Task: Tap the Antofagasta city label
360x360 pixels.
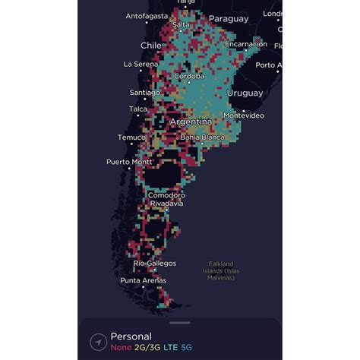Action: (147, 15)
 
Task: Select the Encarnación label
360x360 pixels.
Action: (245, 44)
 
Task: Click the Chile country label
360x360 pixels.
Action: (151, 46)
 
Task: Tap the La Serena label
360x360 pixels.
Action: (140, 64)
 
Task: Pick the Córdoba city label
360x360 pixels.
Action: (189, 76)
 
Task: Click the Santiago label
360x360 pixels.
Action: (144, 93)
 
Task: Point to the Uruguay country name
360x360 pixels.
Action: (245, 93)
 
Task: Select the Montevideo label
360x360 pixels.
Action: (243, 115)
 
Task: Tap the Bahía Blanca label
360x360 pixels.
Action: (201, 137)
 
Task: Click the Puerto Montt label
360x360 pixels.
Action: (128, 162)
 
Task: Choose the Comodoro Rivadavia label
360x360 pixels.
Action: (166, 199)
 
